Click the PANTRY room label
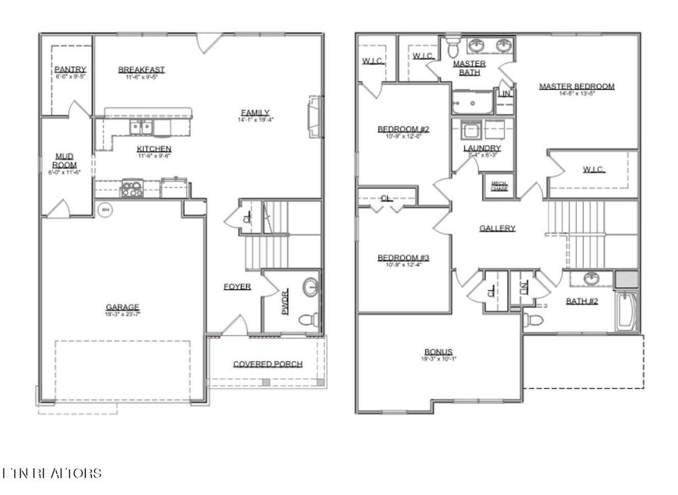(x=70, y=70)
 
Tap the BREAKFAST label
(x=142, y=70)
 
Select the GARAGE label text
(x=122, y=307)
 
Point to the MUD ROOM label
(x=65, y=160)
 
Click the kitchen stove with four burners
(x=132, y=189)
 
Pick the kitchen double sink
(x=141, y=127)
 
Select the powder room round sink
(x=310, y=288)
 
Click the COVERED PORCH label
(x=267, y=364)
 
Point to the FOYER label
(x=237, y=287)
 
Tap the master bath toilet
(x=453, y=48)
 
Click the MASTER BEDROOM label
(x=576, y=86)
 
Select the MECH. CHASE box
(x=499, y=186)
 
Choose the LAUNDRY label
(x=482, y=148)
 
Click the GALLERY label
(x=497, y=229)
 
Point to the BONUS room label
(x=438, y=352)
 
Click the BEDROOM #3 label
(x=404, y=258)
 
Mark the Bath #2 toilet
(x=534, y=321)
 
